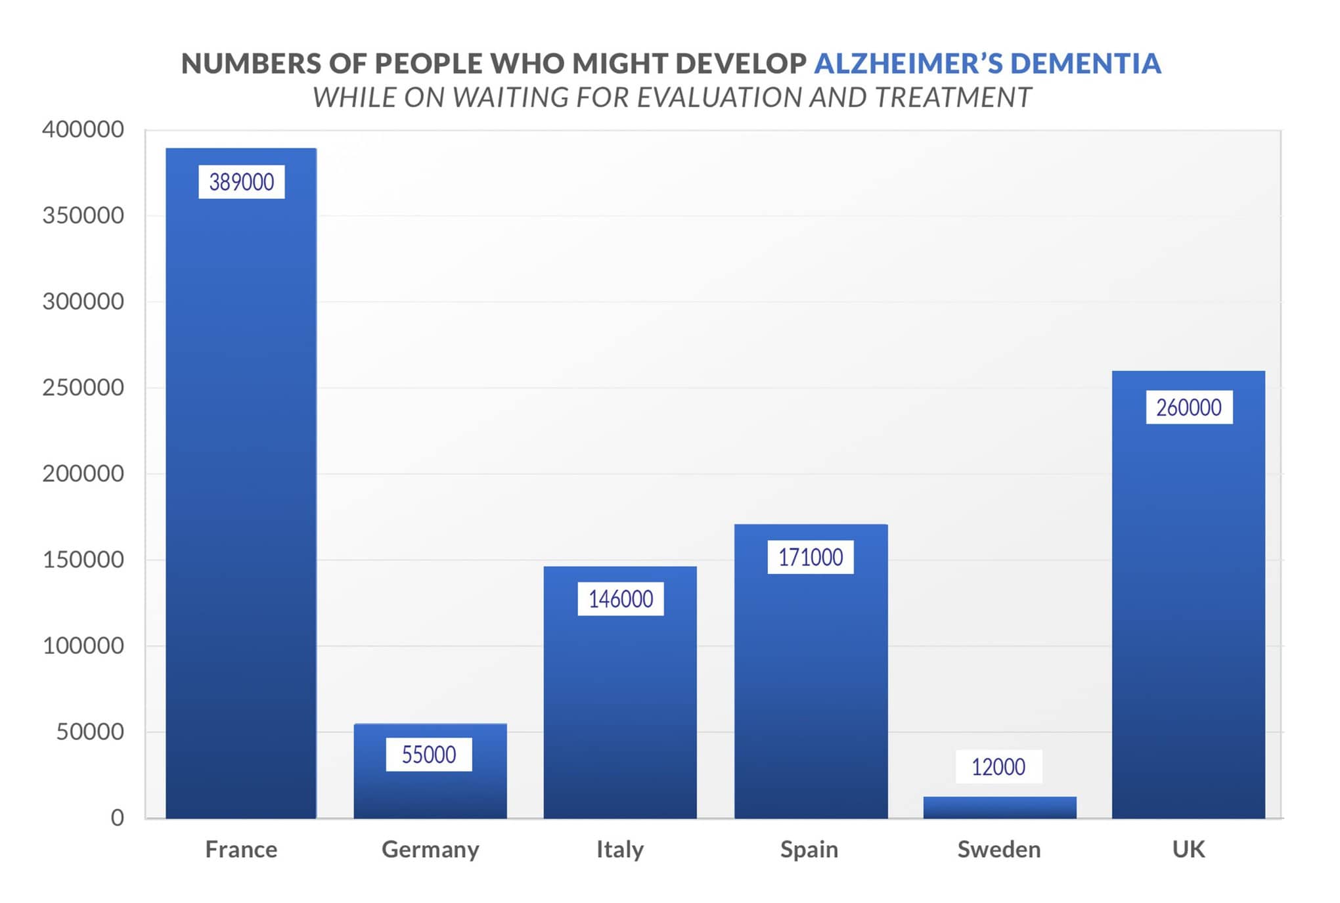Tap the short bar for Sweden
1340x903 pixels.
999,807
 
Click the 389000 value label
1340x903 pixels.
242,182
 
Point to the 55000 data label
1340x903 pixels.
429,755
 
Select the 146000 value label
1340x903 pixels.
621,599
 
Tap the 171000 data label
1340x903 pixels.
811,557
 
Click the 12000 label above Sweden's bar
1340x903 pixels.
998,766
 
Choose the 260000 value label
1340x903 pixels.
1189,407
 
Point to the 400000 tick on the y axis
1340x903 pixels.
83,129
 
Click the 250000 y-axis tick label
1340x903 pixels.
83,387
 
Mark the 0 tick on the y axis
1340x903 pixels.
118,818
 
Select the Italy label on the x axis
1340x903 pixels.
620,849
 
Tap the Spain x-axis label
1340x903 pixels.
809,849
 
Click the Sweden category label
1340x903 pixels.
999,849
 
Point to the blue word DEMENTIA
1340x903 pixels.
1085,64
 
